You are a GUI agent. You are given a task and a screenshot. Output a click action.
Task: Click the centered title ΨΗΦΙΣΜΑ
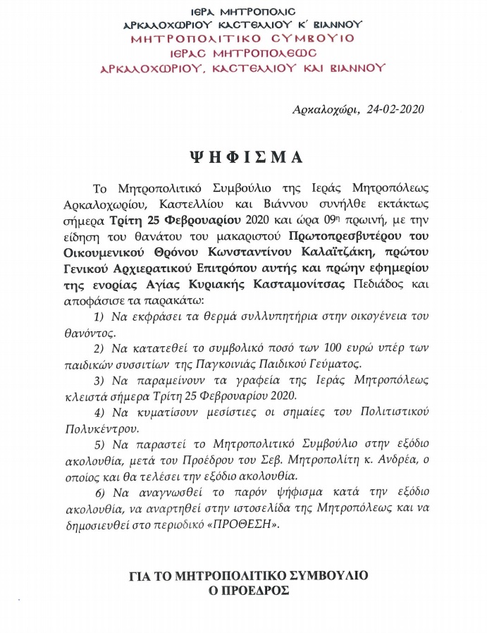tap(244, 154)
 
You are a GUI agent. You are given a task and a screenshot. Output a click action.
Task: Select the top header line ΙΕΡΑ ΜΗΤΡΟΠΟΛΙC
tap(243, 12)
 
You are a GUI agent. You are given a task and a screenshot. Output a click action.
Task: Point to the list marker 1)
tap(99, 315)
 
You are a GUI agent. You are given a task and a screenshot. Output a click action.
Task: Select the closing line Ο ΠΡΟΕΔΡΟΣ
tap(243, 590)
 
